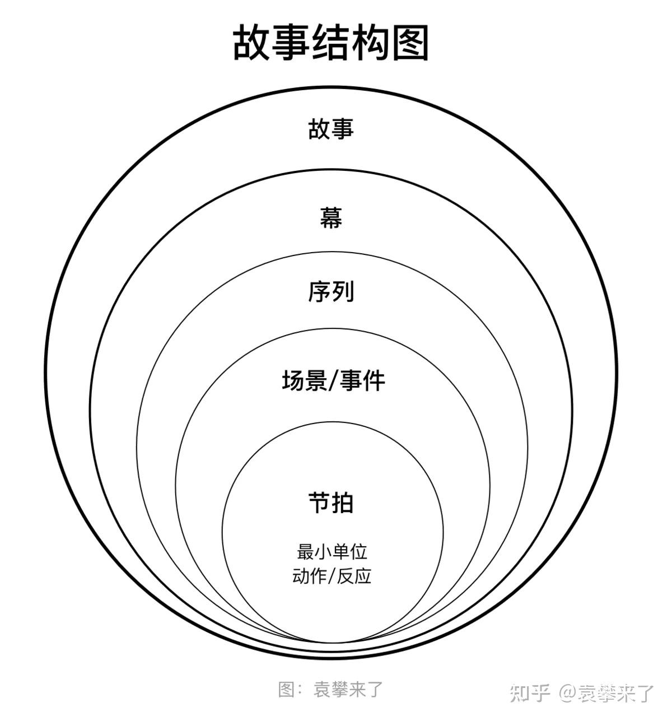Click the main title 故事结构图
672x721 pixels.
[x=330, y=43]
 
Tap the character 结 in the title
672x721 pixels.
[x=331, y=43]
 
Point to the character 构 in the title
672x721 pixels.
[x=371, y=43]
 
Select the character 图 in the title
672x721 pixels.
[x=410, y=43]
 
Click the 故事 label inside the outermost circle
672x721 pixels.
[x=331, y=128]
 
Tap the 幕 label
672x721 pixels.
[x=331, y=218]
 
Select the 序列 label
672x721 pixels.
[x=331, y=291]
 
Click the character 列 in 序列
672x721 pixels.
[x=342, y=291]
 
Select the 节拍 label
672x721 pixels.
[x=331, y=503]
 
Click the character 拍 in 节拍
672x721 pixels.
[x=342, y=503]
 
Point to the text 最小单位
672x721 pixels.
[x=332, y=551]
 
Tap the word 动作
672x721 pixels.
[x=310, y=576]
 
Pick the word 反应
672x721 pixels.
[x=354, y=576]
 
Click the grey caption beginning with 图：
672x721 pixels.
[x=330, y=689]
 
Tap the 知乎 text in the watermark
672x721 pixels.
[x=530, y=692]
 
